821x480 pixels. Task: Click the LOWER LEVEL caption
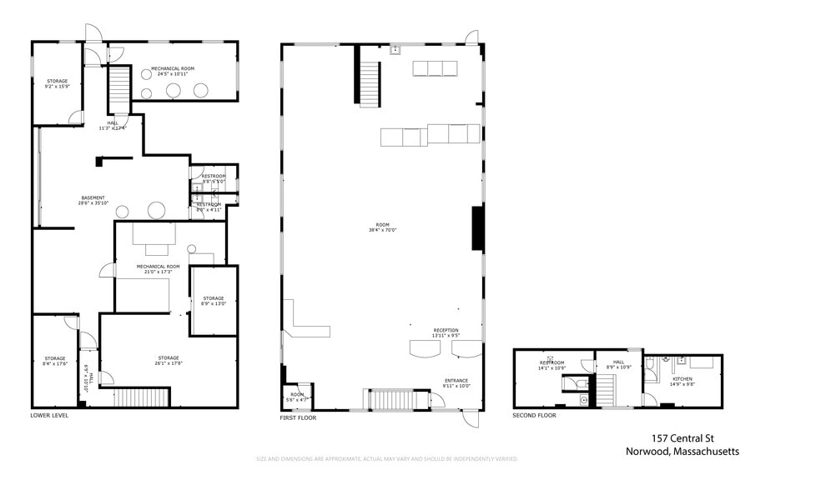point(49,415)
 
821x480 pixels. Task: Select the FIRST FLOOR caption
point(298,417)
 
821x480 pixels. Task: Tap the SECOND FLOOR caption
point(534,414)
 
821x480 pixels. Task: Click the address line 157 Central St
point(682,438)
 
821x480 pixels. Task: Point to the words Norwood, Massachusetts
point(682,452)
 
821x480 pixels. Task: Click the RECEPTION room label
point(446,332)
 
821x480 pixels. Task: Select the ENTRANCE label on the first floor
point(456,383)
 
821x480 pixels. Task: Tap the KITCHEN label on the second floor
point(682,382)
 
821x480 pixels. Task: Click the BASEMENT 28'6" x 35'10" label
point(93,200)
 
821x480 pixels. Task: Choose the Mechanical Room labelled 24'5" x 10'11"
point(173,71)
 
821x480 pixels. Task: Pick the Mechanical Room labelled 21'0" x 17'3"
point(158,269)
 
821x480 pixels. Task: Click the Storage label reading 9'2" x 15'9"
point(57,83)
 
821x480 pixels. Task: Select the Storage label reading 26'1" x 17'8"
point(167,360)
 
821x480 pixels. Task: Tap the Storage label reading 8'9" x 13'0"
point(213,301)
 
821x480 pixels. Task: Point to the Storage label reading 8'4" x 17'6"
point(55,361)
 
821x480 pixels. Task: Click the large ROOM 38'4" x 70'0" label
point(382,227)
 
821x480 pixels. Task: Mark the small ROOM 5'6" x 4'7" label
point(297,397)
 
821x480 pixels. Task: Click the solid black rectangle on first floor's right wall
point(477,228)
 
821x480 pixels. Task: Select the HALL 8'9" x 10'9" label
point(618,364)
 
